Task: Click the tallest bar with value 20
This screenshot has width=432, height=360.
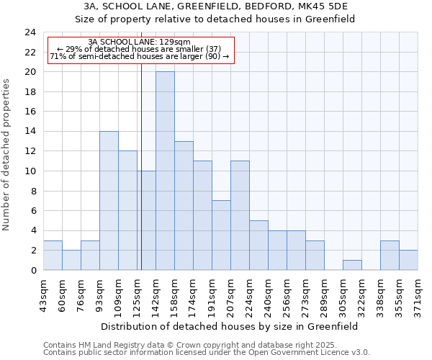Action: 165,171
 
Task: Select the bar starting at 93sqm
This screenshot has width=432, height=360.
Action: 109,200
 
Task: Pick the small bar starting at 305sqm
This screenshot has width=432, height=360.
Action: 352,265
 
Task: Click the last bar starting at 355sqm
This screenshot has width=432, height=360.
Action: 408,260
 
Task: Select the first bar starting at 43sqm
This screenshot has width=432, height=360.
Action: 53,255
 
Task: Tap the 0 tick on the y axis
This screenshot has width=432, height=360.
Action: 33,270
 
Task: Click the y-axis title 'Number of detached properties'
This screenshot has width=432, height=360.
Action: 6,154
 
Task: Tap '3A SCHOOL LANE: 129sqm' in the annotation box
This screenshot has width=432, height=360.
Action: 140,42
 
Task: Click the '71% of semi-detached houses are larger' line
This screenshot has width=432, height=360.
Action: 140,56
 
